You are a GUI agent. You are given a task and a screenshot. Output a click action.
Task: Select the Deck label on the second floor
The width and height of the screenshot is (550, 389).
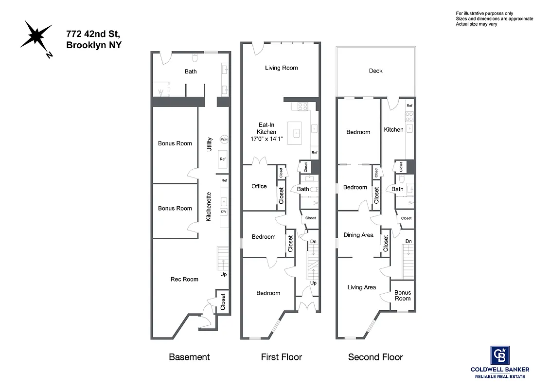[x=375, y=71]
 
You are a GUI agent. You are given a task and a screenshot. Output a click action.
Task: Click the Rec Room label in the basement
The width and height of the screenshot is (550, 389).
[x=184, y=279]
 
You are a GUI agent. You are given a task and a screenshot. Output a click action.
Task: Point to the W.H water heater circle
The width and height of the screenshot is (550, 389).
[x=224, y=140]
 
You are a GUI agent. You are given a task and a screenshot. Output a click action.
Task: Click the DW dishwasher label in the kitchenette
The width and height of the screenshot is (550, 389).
[x=224, y=212]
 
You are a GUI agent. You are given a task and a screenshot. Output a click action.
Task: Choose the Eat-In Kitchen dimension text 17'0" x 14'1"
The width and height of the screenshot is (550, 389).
[x=266, y=139]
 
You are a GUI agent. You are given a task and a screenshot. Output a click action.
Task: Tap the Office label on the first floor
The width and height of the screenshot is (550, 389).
[x=259, y=186]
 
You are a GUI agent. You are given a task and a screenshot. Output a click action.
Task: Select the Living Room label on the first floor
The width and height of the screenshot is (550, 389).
[x=281, y=68]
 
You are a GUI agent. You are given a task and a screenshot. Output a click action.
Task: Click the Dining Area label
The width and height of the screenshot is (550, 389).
[x=358, y=235]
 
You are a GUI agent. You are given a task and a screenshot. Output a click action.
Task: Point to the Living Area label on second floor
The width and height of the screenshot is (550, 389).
[x=361, y=287]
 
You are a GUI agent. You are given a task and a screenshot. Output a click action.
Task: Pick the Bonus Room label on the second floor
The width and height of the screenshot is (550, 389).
[x=403, y=296]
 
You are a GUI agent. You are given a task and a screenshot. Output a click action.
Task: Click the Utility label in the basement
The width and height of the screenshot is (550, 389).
[x=210, y=144]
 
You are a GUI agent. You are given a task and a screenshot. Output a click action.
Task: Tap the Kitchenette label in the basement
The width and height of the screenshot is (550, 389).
[x=209, y=207]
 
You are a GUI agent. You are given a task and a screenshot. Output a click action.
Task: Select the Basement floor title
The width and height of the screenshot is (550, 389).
[x=189, y=357]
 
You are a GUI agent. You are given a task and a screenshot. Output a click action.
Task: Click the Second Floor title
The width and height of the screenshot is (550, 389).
[x=375, y=357]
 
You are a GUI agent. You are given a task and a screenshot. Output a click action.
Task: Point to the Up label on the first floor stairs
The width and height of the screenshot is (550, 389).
[x=313, y=283]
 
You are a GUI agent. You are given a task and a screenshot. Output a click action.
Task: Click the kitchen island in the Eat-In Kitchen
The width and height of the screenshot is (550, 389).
[x=296, y=133]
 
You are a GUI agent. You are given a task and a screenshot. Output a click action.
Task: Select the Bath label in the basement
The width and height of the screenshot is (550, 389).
[x=191, y=72]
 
